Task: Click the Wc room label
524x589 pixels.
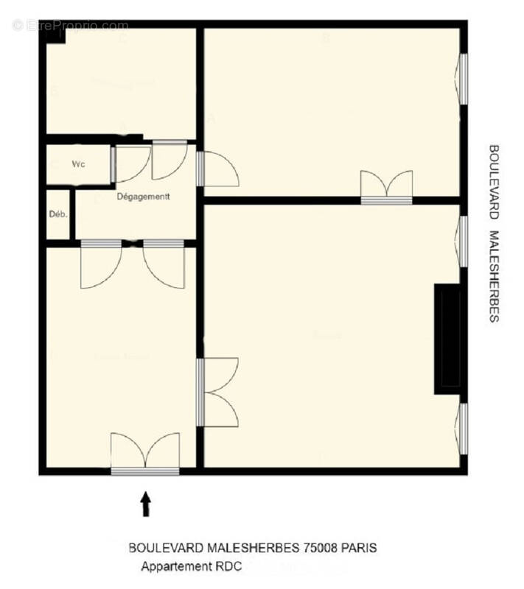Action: tap(78, 164)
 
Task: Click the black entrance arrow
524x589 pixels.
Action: tap(146, 504)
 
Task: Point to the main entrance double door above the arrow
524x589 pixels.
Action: tap(145, 453)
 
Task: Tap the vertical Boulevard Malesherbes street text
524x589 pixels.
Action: tap(494, 233)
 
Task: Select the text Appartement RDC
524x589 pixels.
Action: tap(192, 566)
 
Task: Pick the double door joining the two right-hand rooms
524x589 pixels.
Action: tap(386, 187)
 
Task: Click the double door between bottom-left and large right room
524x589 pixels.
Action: tap(217, 392)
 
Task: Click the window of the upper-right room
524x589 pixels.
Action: tap(463, 77)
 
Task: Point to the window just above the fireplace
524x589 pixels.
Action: tap(463, 241)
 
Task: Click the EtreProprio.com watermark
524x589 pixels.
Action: tap(71, 26)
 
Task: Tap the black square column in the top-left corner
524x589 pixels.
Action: tap(53, 36)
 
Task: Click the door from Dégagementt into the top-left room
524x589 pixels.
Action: tap(169, 159)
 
